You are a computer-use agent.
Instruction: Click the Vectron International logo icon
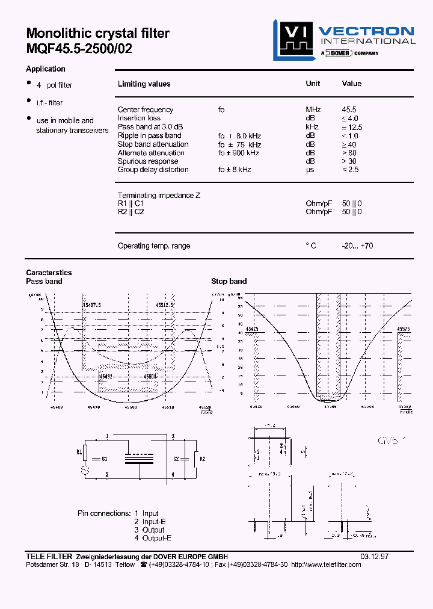[293, 40]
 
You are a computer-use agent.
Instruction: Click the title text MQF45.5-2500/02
[79, 49]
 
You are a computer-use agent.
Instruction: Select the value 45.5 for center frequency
[349, 110]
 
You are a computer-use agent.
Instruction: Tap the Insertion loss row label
[139, 119]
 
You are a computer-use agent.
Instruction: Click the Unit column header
[313, 84]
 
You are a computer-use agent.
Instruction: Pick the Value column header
[351, 84]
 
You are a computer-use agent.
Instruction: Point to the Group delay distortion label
[153, 170]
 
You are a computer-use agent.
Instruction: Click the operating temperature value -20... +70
[357, 246]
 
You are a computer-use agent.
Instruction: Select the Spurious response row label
[148, 161]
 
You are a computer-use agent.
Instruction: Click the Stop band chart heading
[229, 281]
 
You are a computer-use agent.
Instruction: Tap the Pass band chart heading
[44, 281]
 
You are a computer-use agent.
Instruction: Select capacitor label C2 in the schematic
[176, 459]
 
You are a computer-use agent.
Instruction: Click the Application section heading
[45, 69]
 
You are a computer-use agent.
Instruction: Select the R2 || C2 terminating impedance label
[131, 212]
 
